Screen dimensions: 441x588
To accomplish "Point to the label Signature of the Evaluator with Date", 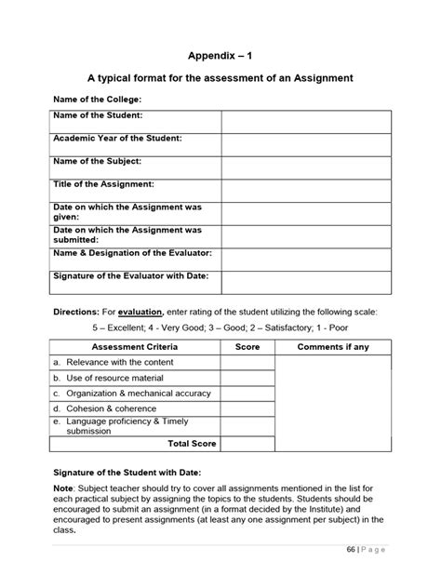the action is coord(131,276).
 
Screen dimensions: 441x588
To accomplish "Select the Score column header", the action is coord(247,347).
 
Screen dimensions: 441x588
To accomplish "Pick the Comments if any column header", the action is coord(332,347).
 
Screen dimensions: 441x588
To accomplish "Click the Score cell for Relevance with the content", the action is coord(247,362).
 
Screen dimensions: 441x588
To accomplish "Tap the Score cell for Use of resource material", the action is coord(247,378).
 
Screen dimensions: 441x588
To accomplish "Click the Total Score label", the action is coord(191,444).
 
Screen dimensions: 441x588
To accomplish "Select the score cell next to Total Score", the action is coord(247,444).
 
